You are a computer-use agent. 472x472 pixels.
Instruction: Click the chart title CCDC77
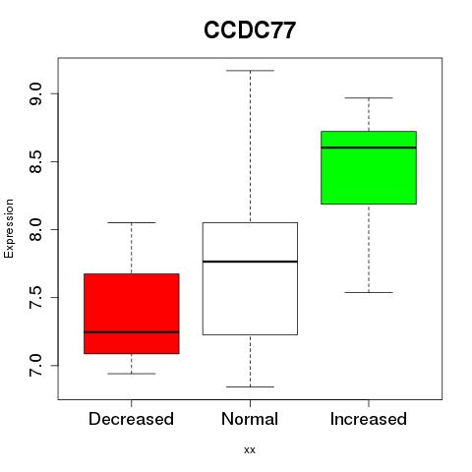pos(250,30)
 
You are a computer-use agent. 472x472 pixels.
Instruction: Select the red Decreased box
pos(132,314)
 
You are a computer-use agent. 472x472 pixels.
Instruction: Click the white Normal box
pos(250,278)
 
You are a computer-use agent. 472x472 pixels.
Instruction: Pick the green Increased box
pos(369,167)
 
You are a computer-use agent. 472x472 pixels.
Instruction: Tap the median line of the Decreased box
pos(132,332)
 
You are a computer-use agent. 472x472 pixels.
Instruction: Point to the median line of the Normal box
pos(250,262)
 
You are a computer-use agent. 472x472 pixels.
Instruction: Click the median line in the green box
pos(369,147)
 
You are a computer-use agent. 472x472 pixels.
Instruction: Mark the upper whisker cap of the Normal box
pos(250,71)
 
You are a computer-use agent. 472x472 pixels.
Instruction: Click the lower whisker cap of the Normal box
pos(250,386)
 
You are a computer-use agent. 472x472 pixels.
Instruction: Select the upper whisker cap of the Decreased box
pos(132,222)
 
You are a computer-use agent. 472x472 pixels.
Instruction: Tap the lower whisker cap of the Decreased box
pos(132,374)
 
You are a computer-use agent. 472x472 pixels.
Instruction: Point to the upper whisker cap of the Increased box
pos(369,97)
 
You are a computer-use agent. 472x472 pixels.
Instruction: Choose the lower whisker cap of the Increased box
pos(369,292)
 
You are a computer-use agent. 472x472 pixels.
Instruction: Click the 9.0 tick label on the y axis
pos(35,93)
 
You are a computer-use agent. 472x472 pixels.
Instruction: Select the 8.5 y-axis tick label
pos(35,161)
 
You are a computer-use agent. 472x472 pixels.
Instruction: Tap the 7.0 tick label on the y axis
pos(35,366)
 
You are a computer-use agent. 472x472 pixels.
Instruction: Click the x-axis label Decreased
pos(131,419)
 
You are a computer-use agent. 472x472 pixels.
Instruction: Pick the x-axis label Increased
pos(369,419)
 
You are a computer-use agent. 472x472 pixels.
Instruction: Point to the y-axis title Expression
pos(9,228)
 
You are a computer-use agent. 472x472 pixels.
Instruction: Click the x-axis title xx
pos(250,450)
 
